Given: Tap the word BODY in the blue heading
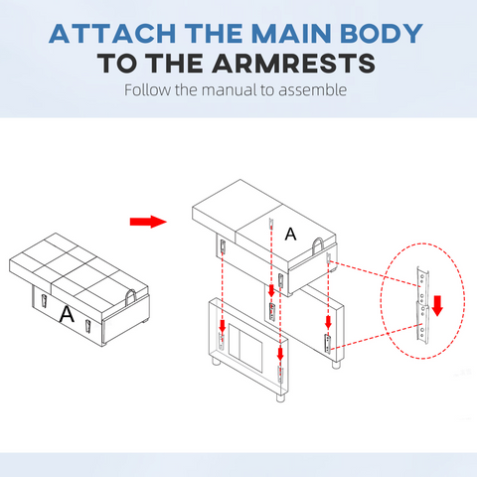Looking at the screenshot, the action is tap(382, 34).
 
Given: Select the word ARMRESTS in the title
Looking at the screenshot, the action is tap(293, 63).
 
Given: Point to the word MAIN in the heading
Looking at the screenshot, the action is tap(291, 34).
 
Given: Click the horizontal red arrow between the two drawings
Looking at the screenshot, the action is tap(148, 222).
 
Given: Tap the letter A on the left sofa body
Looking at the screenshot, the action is tap(67, 314).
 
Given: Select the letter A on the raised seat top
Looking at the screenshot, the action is tap(290, 235).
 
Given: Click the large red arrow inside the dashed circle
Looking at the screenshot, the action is tap(437, 306).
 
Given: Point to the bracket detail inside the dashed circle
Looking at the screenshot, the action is tap(423, 305).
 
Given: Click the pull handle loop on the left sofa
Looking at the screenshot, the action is tap(130, 298).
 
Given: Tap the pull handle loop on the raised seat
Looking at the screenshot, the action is tap(318, 246).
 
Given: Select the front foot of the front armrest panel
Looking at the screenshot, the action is tap(280, 397).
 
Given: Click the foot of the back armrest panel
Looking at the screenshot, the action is tap(336, 365).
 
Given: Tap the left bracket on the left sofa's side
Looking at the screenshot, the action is tap(44, 301).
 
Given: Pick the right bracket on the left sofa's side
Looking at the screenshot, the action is tap(87, 327).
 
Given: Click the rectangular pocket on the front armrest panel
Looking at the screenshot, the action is tap(245, 348).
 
